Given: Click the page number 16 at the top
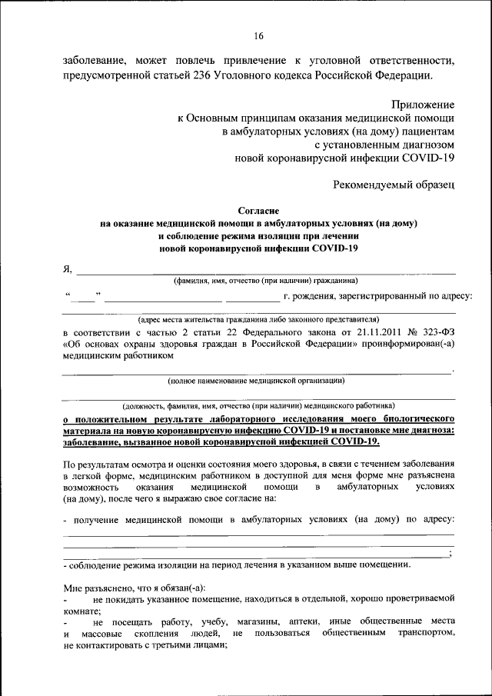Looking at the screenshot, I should click(258, 36).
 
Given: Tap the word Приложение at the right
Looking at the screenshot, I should click(423, 104).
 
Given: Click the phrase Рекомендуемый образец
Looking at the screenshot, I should click(394, 184).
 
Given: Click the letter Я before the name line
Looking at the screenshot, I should click(67, 268).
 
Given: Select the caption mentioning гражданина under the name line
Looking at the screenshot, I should click(265, 280).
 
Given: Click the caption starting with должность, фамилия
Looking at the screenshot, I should click(258, 405).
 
